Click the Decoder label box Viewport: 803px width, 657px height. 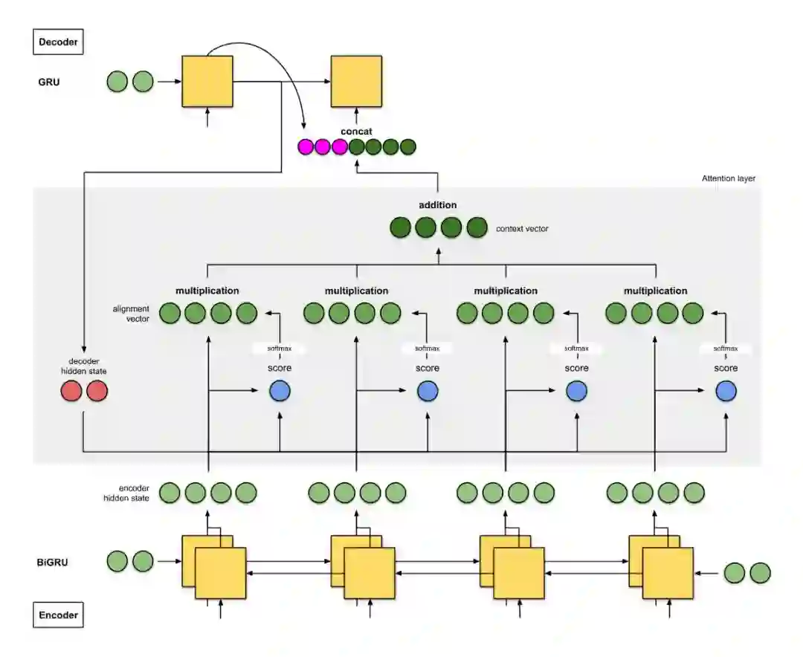pos(58,42)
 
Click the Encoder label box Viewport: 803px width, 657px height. pos(58,615)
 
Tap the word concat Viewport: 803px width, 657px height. pos(356,132)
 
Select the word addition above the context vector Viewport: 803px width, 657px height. pos(438,204)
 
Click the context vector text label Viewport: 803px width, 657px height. pos(522,228)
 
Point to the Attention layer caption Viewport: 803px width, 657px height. pos(728,178)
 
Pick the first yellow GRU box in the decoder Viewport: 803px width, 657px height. pos(207,81)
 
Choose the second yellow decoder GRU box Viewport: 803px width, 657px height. pos(356,81)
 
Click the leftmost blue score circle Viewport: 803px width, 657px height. pos(280,391)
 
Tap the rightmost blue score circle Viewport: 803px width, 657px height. pos(726,391)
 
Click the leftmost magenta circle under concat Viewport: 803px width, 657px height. pos(306,147)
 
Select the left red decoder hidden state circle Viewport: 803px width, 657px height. pos(71,391)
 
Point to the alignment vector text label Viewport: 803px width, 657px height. pos(131,313)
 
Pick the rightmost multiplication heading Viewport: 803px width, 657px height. pos(655,291)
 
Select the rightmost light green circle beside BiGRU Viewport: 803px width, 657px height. pos(760,572)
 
